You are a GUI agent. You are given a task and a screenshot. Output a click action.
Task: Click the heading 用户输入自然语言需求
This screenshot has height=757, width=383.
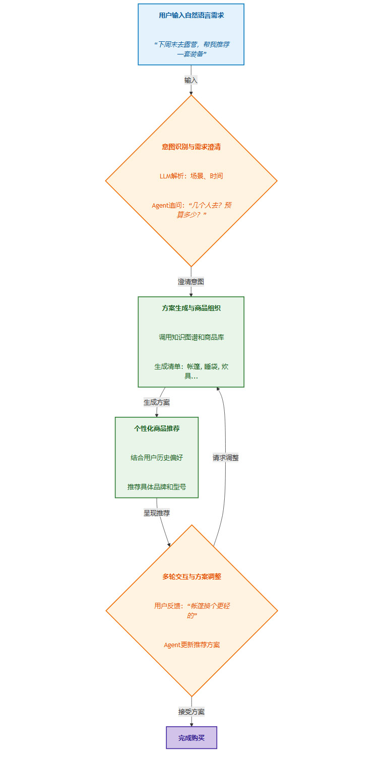pos(191,16)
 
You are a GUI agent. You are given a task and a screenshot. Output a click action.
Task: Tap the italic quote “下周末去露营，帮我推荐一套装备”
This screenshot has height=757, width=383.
pos(191,49)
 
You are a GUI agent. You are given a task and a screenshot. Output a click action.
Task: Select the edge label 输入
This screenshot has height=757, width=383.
pos(191,80)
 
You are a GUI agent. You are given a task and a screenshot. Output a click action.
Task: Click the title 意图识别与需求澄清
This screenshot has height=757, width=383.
pos(191,147)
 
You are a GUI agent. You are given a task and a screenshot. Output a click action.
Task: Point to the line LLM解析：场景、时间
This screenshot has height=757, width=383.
pos(191,176)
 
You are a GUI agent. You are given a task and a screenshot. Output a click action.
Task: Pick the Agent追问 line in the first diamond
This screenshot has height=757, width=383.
pos(191,210)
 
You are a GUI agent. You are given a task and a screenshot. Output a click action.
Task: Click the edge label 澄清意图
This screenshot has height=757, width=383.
pos(191,282)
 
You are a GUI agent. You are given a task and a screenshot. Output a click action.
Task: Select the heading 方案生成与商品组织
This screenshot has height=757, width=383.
pos(191,308)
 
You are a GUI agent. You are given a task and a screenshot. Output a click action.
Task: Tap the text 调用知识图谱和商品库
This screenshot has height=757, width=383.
pos(191,337)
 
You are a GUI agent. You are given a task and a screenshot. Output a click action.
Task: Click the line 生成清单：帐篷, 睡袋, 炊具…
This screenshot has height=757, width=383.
pos(191,371)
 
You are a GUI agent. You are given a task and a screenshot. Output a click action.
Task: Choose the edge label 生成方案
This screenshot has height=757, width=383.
pos(157,402)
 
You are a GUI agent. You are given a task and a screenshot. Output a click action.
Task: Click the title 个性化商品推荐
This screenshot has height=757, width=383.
pos(157,428)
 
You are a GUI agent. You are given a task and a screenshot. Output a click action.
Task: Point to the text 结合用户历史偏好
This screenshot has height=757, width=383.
pos(157,458)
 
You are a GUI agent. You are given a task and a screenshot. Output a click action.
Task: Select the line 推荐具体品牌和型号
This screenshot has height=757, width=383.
pos(157,487)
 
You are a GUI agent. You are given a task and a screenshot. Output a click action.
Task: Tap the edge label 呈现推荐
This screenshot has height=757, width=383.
pos(157,513)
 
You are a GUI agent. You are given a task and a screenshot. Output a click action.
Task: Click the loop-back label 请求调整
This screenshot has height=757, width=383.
pos(225,458)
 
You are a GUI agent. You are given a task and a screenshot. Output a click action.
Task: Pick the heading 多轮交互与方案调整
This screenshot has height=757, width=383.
pos(191,577)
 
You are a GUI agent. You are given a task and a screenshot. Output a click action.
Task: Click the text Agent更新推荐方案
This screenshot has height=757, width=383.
pos(191,645)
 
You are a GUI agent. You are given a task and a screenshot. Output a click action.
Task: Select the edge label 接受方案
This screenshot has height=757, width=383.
pos(191,712)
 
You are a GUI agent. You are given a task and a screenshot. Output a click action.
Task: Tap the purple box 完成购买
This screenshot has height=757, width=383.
pos(191,737)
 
